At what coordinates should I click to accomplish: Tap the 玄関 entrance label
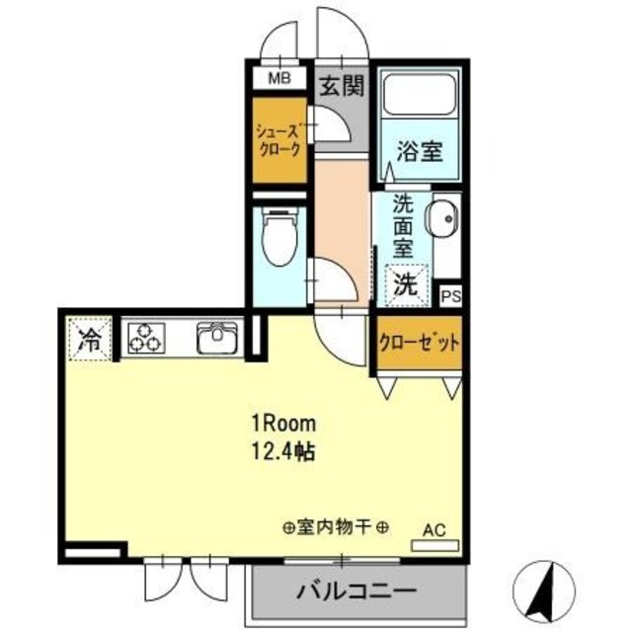point(342,86)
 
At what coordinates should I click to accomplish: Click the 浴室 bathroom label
point(419,152)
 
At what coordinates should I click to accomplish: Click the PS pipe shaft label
point(450,295)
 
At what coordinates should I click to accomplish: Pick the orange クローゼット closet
point(420,344)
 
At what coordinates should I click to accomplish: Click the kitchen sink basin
point(215,339)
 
